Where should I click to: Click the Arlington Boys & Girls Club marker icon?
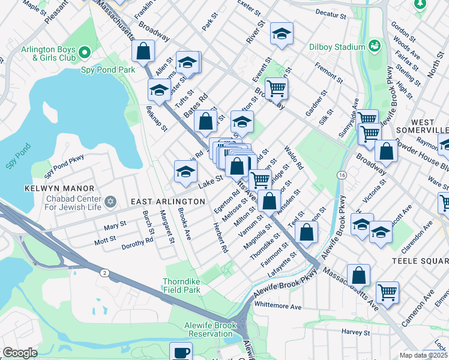[x=85, y=53]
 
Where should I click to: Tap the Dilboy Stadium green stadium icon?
[x=376, y=46]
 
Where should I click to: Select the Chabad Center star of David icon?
[x=109, y=201]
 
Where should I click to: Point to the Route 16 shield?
[x=342, y=175]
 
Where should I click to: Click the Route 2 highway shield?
[x=105, y=273]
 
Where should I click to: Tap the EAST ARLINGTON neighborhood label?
[x=165, y=202]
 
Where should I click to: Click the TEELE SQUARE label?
[x=420, y=262]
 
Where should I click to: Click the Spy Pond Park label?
[x=108, y=70]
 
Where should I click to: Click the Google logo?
[x=20, y=353]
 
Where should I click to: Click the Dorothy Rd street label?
[x=137, y=242]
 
